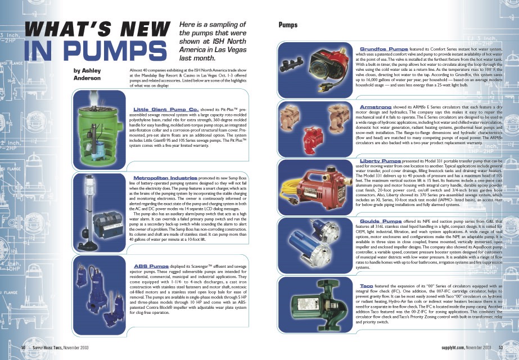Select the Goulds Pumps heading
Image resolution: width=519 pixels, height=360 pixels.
coord(379,221)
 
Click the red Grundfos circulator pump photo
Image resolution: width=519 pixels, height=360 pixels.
coord(317,65)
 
